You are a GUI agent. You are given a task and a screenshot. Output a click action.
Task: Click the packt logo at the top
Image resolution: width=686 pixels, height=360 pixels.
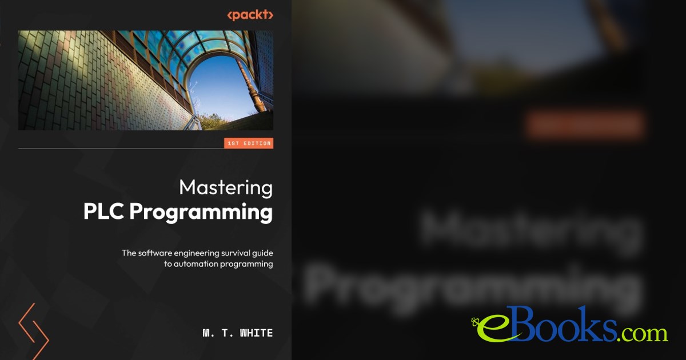click(250, 15)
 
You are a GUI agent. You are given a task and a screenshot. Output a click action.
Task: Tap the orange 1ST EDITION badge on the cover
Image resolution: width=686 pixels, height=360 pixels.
click(249, 143)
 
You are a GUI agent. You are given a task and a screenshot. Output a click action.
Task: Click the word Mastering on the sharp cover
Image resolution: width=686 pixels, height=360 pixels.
click(225, 188)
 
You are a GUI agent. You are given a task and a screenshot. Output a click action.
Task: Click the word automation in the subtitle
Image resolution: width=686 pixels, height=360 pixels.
click(194, 264)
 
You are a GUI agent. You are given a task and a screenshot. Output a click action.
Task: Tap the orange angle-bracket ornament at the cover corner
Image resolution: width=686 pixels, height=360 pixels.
click(33, 331)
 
